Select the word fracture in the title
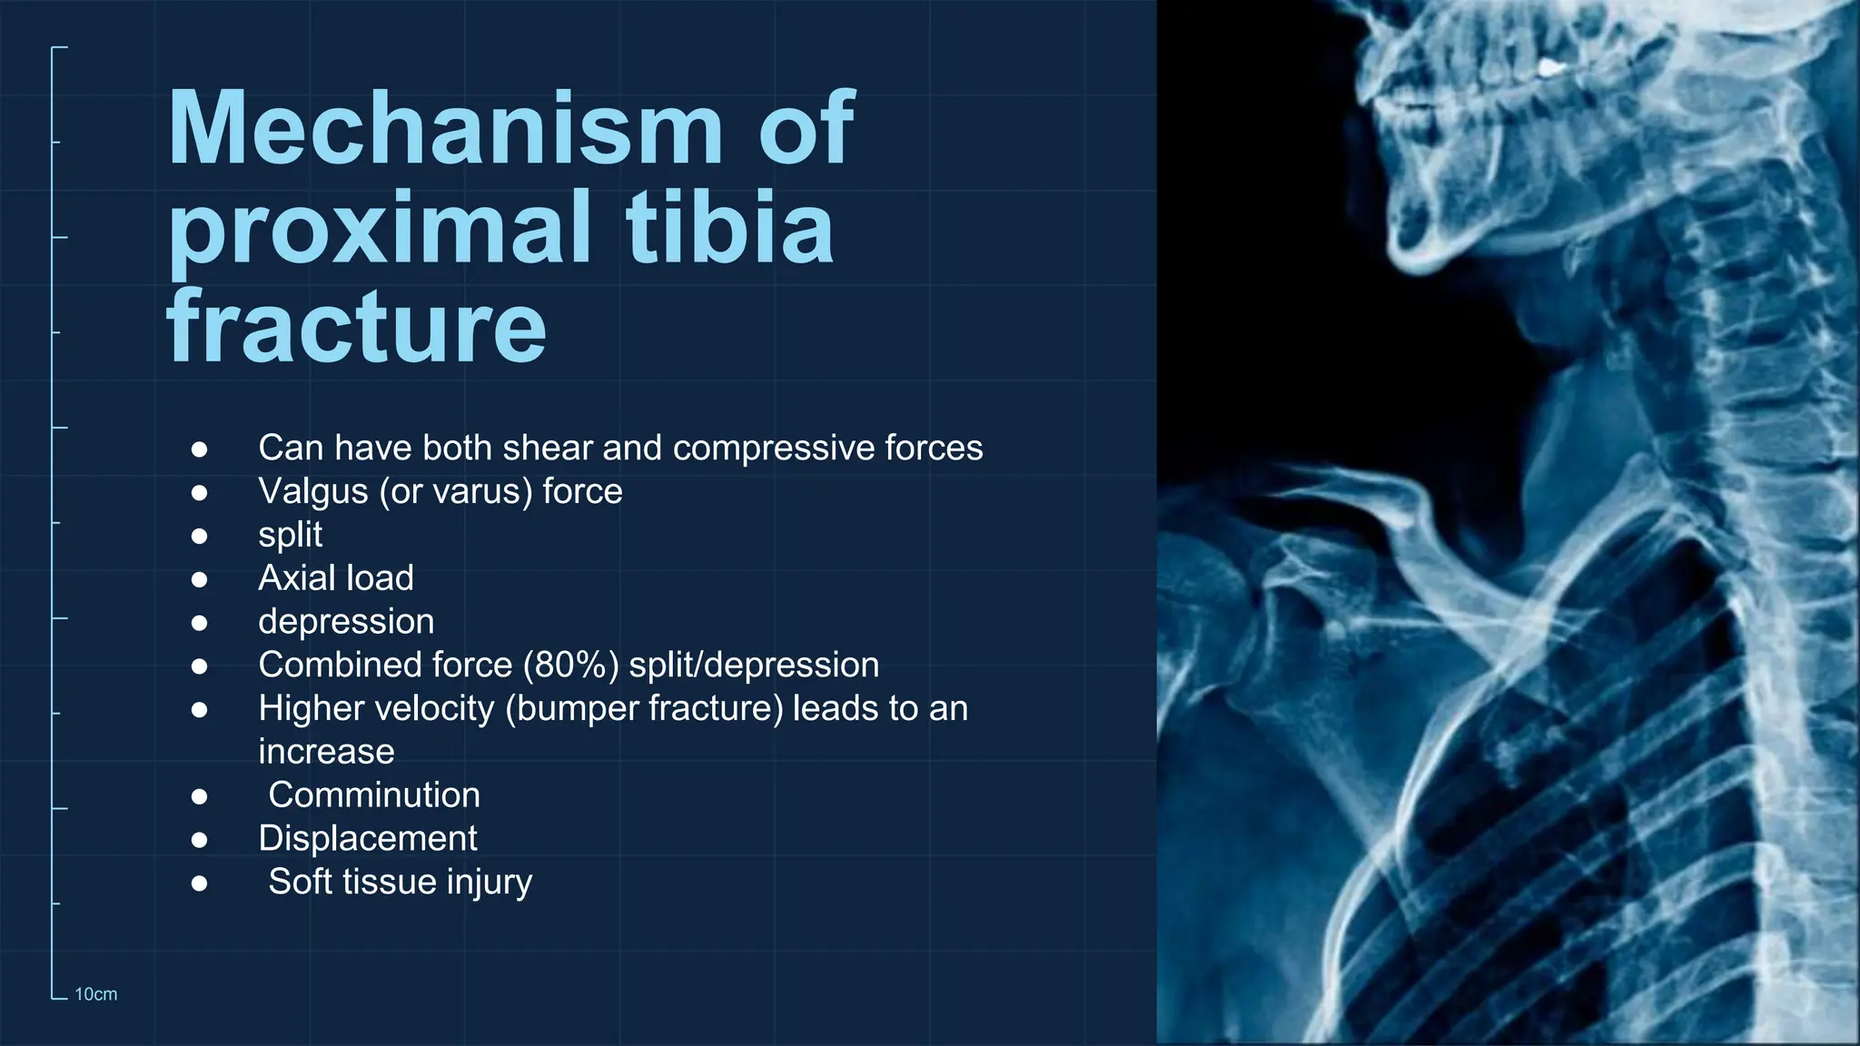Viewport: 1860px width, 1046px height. pyautogui.click(x=356, y=325)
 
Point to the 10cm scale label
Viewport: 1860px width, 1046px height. pyautogui.click(x=95, y=994)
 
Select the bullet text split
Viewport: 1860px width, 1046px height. pyautogui.click(x=290, y=535)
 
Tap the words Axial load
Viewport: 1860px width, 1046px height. pyautogui.click(x=335, y=578)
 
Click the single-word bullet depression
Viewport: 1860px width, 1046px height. pyautogui.click(x=346, y=622)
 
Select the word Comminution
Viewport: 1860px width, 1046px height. pyautogui.click(x=374, y=795)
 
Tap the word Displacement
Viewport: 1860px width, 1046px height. pyautogui.click(x=367, y=839)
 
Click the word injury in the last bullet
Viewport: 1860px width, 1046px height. pyautogui.click(x=489, y=883)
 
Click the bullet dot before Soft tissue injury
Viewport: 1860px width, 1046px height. pyautogui.click(x=200, y=883)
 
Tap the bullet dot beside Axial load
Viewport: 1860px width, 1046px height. pyautogui.click(x=200, y=579)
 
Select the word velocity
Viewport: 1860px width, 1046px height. pyautogui.click(x=435, y=709)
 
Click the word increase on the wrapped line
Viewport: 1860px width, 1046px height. pyautogui.click(x=326, y=753)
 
